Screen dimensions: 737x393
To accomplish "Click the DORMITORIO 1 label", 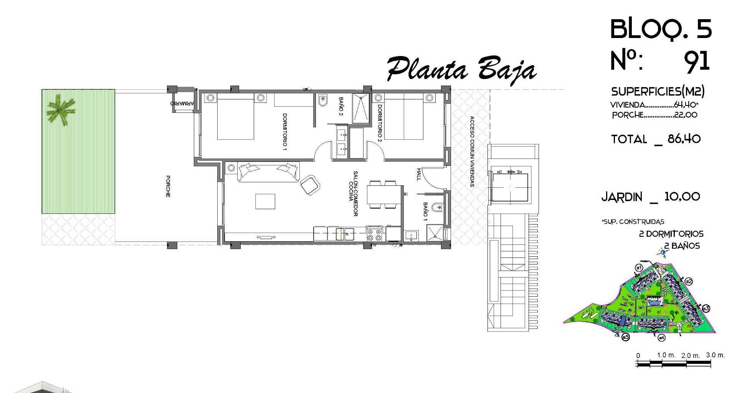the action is (x=285, y=132).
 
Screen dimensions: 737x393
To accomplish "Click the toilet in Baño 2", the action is (x=322, y=101).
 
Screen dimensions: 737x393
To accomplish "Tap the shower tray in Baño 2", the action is (x=361, y=109).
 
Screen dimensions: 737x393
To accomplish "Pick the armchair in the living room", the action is (x=310, y=185).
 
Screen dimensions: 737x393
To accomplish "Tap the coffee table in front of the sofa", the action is (x=265, y=201).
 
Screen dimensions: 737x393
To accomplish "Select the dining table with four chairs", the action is (x=385, y=195).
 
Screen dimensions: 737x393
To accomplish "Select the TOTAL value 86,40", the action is (x=684, y=139).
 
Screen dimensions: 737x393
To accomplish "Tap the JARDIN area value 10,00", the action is (x=682, y=197).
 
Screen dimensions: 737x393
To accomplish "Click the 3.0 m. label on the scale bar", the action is (x=716, y=355).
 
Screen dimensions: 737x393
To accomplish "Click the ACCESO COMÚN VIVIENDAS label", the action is (x=472, y=152).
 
